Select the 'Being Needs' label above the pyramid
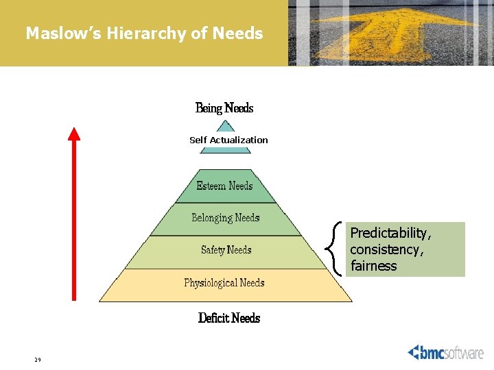pyautogui.click(x=224, y=108)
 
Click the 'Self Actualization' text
pyautogui.click(x=228, y=140)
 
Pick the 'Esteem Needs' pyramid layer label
pyautogui.click(x=224, y=186)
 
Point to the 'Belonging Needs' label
pyautogui.click(x=226, y=218)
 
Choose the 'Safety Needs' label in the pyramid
pyautogui.click(x=226, y=250)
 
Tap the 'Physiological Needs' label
pyautogui.click(x=224, y=282)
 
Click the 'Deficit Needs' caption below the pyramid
pyautogui.click(x=229, y=318)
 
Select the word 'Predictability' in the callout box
pyautogui.click(x=390, y=234)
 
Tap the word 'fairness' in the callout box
pyautogui.click(x=373, y=266)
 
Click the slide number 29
pyautogui.click(x=38, y=360)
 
